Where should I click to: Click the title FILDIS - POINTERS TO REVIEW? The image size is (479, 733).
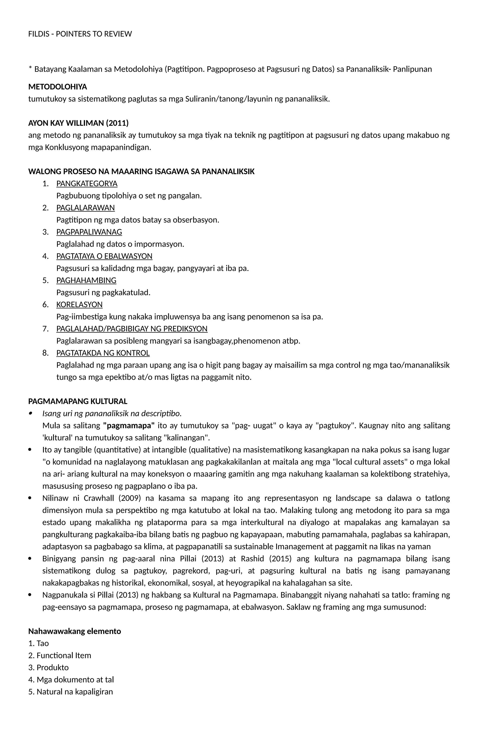pyautogui.click(x=80, y=34)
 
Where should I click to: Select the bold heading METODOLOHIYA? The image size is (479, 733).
pyautogui.click(x=58, y=87)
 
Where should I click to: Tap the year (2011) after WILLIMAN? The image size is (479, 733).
pyautogui.click(x=117, y=123)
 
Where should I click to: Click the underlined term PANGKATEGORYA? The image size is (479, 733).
pyautogui.click(x=87, y=183)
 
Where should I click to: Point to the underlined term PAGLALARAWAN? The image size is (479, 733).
pyautogui.click(x=85, y=208)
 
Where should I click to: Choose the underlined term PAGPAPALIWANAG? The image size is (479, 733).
pyautogui.click(x=89, y=232)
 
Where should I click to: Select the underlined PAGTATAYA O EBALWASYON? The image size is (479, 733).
pyautogui.click(x=104, y=256)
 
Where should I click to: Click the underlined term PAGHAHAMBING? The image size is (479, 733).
pyautogui.click(x=86, y=280)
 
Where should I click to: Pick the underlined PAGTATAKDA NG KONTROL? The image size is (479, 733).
pyautogui.click(x=103, y=353)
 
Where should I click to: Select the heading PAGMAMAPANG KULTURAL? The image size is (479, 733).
pyautogui.click(x=78, y=401)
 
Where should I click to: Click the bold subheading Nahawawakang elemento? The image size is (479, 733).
pyautogui.click(x=75, y=631)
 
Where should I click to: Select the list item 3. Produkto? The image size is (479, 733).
pyautogui.click(x=48, y=667)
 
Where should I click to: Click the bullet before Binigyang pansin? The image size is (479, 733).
pyautogui.click(x=30, y=559)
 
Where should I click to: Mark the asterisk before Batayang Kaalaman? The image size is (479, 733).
pyautogui.click(x=30, y=68)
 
